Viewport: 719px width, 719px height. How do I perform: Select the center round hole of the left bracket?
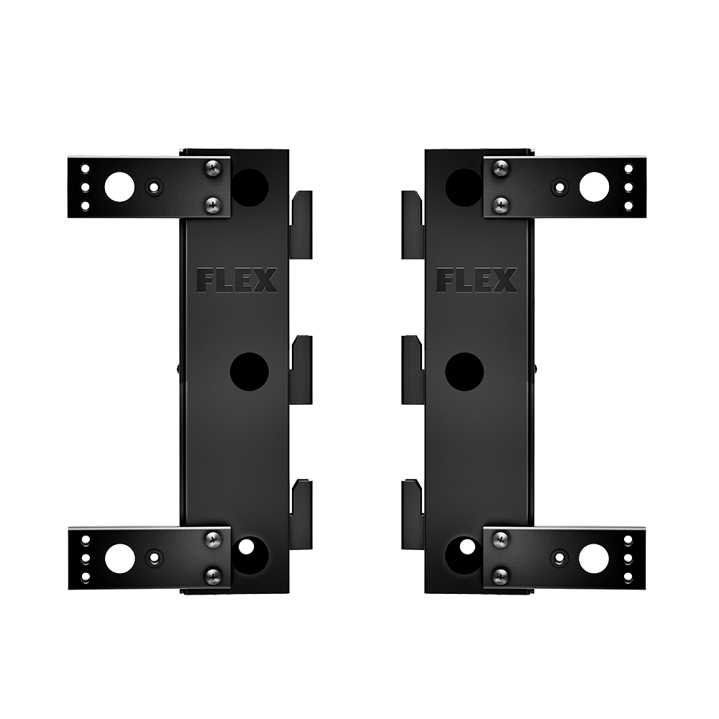249,372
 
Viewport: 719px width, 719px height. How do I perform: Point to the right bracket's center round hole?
464,372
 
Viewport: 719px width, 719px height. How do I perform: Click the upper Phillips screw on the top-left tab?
213,168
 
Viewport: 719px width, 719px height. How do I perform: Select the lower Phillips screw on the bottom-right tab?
500,575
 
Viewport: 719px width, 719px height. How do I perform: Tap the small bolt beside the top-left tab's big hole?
153,188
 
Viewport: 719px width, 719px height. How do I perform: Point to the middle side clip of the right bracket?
412,369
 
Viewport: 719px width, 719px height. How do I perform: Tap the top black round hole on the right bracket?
464,188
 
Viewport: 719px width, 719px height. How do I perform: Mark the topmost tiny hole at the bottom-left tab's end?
86,540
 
